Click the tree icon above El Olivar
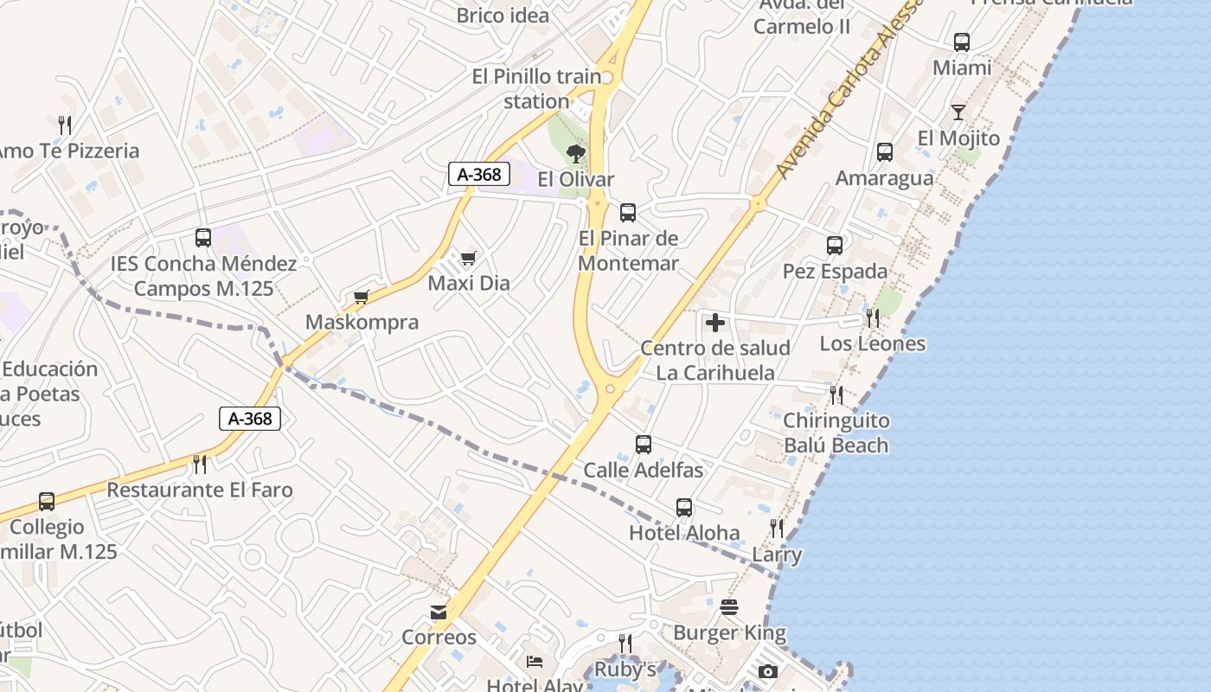point(575,154)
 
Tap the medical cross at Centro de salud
point(715,323)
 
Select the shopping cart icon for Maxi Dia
point(469,258)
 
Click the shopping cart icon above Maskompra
point(362,298)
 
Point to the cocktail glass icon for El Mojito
point(958,112)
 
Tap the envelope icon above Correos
point(439,612)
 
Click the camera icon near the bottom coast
point(767,671)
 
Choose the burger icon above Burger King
point(729,607)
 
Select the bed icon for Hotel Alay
point(535,662)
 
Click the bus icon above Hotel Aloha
point(684,508)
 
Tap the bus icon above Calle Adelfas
point(644,445)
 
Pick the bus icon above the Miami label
point(962,42)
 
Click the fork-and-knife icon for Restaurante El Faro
point(200,465)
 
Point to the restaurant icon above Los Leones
point(873,318)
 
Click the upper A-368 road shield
point(478,174)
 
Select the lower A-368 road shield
point(250,419)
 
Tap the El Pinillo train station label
point(536,88)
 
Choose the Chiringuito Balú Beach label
point(836,432)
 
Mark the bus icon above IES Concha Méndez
point(203,238)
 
